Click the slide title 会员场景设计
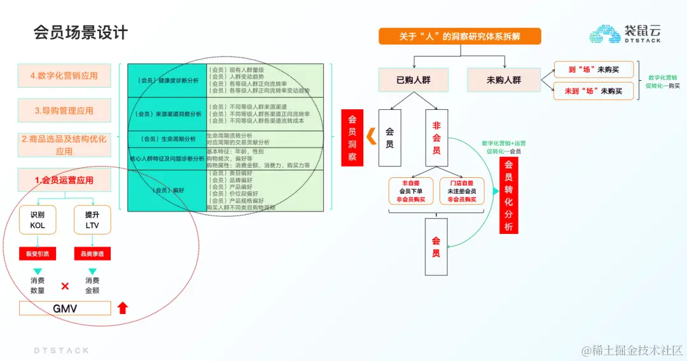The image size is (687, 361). point(81,32)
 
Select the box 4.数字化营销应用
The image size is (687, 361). point(64,76)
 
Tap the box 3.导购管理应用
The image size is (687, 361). point(64,111)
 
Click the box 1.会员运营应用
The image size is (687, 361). point(64,180)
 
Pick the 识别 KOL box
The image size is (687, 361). point(38,220)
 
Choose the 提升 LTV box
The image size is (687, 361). point(92,220)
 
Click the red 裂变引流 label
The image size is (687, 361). point(38,254)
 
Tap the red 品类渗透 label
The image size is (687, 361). point(92,254)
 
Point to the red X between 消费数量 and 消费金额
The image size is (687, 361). point(65,286)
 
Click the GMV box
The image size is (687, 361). point(65,309)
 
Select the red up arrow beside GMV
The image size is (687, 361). point(123,308)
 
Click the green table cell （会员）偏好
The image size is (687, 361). point(167,190)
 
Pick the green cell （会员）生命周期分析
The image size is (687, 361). point(167,139)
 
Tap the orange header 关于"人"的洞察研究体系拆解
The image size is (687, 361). point(459,36)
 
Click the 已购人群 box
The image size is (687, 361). point(413,80)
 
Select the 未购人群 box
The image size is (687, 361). point(504,80)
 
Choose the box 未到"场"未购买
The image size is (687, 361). point(593,91)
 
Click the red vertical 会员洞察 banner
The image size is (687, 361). point(352,138)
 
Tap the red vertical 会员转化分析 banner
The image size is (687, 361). point(508,195)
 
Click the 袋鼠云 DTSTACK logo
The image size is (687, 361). point(625,34)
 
